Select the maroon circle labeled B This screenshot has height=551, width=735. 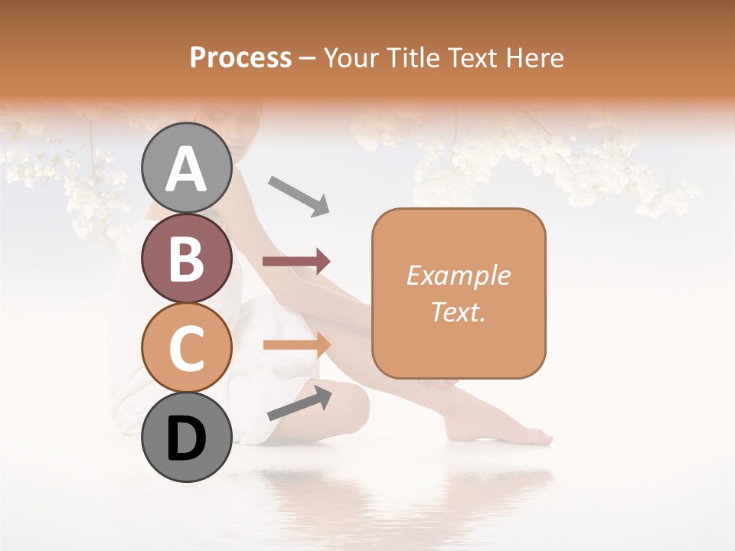click(x=186, y=258)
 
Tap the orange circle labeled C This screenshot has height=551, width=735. click(x=186, y=347)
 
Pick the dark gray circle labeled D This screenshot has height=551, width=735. click(x=186, y=437)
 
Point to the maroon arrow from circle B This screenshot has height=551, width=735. click(x=296, y=262)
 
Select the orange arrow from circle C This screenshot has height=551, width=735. click(x=297, y=345)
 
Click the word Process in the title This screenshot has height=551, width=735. click(x=240, y=57)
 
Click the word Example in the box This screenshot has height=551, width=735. click(x=458, y=275)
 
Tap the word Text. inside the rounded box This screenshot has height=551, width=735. click(x=458, y=311)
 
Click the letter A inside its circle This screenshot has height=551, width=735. click(x=186, y=168)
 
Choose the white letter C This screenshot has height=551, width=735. click(x=186, y=348)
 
